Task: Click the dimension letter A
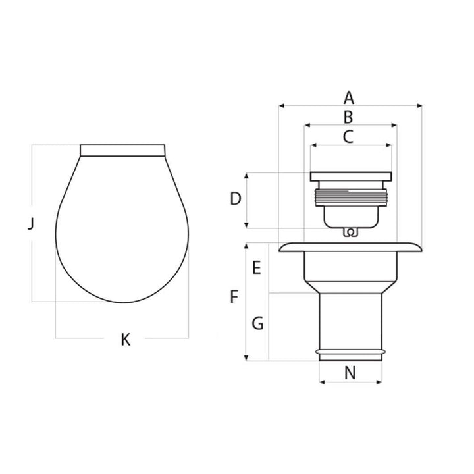point(349,98)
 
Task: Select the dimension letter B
point(349,117)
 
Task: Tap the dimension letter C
point(349,137)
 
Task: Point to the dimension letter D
point(236,198)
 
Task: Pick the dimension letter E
point(257,268)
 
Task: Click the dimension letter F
point(234,297)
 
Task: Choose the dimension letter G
point(258,323)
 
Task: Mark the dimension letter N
point(350,373)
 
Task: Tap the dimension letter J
point(30,225)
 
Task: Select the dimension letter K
point(126,340)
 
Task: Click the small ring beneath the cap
point(351,232)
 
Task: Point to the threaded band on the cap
point(352,195)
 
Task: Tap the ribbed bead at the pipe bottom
point(350,355)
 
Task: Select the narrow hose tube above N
point(350,323)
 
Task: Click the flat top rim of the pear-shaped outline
point(121,150)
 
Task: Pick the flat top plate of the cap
point(352,176)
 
